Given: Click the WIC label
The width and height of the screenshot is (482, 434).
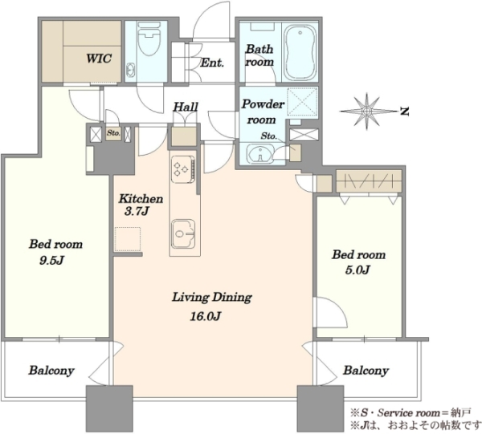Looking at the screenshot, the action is click(x=99, y=58).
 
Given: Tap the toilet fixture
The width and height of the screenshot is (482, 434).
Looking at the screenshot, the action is click(x=149, y=39).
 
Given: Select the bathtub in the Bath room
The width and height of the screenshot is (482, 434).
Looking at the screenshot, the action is click(x=300, y=52).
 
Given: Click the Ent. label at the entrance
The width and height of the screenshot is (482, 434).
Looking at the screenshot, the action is click(x=212, y=63).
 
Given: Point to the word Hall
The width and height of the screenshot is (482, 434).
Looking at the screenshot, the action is click(x=186, y=107).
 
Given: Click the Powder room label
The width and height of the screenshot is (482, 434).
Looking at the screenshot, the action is click(x=263, y=112).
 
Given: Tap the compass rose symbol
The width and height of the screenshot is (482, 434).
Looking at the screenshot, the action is click(x=367, y=111).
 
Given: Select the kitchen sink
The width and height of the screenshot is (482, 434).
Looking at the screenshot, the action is click(x=183, y=234).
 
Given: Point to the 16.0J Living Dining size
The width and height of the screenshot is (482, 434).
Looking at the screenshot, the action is click(x=206, y=316).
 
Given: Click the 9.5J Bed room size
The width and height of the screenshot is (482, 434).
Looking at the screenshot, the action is click(x=51, y=261).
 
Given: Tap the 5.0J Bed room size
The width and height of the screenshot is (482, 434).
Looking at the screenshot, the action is click(x=357, y=270).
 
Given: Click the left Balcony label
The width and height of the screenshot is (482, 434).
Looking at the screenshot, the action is click(x=51, y=371).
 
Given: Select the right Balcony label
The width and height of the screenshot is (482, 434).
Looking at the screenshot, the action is click(x=366, y=371).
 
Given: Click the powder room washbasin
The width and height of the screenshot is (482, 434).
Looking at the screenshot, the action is click(x=259, y=153).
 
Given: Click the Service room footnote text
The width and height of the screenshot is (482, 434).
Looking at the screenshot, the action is click(x=411, y=413).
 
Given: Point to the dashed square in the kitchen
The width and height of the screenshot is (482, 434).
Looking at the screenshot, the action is click(x=128, y=239).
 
